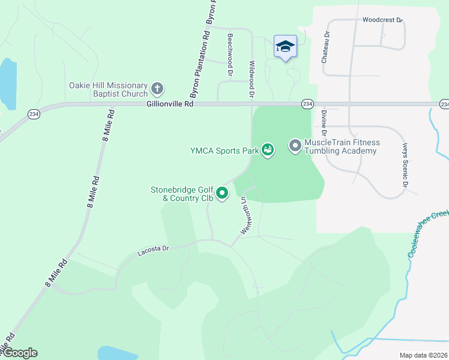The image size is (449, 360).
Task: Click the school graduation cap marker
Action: pyautogui.click(x=285, y=46)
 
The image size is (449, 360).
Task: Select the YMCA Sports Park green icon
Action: pyautogui.click(x=268, y=149)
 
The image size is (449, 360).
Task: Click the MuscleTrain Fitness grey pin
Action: pyautogui.click(x=295, y=145)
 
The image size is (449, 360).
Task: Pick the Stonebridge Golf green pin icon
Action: pyautogui.click(x=222, y=193)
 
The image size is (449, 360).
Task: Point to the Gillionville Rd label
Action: pyautogui.click(x=170, y=104)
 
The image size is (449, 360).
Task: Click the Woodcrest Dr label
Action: pyautogui.click(x=382, y=20)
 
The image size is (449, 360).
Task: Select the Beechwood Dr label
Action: pyautogui.click(x=230, y=54)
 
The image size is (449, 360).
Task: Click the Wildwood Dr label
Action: pyautogui.click(x=252, y=79)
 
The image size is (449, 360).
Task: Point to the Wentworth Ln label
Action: pyautogui.click(x=245, y=215)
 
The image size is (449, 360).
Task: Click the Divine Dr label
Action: pyautogui.click(x=324, y=121)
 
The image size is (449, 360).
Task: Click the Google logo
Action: pyautogui.click(x=19, y=353)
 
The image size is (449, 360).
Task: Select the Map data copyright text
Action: pyautogui.click(x=423, y=355)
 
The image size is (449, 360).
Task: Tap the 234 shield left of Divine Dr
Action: pyautogui.click(x=307, y=104)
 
